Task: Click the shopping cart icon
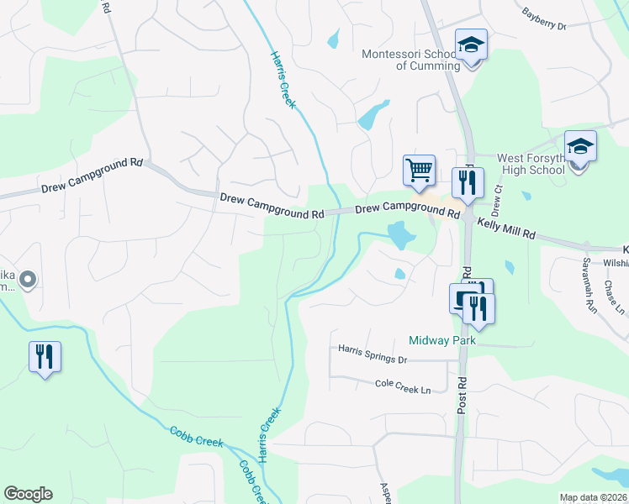tap(418, 171)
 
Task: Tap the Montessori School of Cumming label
tap(411, 60)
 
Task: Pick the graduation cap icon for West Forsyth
tap(580, 146)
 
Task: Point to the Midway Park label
tap(442, 340)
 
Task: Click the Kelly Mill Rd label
tap(506, 227)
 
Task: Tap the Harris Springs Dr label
tap(373, 354)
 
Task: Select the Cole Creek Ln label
tap(402, 386)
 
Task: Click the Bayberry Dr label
tap(544, 19)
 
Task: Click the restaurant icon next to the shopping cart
tap(467, 181)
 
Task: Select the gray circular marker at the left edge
tap(29, 279)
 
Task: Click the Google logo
tap(28, 494)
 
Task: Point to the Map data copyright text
tap(594, 497)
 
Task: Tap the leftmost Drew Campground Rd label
tap(92, 177)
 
